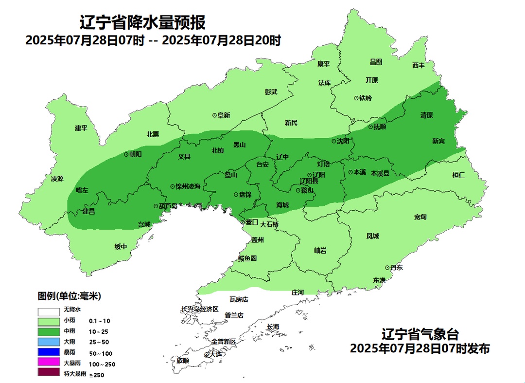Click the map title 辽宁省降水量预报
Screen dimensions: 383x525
(142, 22)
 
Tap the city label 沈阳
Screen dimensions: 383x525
(343, 141)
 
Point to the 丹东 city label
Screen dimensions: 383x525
(396, 268)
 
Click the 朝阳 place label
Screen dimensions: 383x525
(135, 154)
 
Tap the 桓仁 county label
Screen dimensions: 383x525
(458, 175)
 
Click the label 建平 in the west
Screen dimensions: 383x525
(81, 128)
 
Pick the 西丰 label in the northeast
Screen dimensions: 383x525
(418, 65)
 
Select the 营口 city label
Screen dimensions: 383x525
(251, 222)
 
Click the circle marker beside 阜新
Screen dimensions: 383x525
(214, 115)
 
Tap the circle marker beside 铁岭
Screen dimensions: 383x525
(356, 98)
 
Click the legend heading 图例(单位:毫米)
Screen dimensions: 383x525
(69, 296)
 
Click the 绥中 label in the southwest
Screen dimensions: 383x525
(121, 247)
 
